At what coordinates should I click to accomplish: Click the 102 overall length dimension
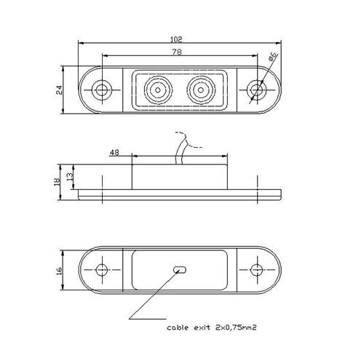tap(176, 39)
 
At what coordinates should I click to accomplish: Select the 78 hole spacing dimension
tap(177, 52)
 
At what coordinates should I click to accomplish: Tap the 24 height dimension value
tap(59, 90)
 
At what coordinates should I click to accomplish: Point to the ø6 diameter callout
tap(273, 56)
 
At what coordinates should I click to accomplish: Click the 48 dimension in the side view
tap(114, 153)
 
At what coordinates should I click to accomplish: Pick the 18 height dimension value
tap(57, 182)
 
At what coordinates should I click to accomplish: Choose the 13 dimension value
tap(70, 176)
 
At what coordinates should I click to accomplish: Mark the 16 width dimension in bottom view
tap(59, 270)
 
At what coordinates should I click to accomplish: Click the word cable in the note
tap(178, 328)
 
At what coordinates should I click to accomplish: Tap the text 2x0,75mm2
tap(236, 328)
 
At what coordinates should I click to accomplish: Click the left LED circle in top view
tap(158, 90)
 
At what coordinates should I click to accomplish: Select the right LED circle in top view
tap(201, 90)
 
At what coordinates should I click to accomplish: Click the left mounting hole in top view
tap(102, 90)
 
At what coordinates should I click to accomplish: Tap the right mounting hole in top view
tap(256, 90)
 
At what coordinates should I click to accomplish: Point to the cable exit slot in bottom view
tap(180, 269)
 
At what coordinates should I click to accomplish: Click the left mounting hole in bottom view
tap(102, 269)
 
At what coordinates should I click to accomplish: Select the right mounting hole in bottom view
tap(256, 269)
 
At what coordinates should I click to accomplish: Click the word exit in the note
tap(202, 328)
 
